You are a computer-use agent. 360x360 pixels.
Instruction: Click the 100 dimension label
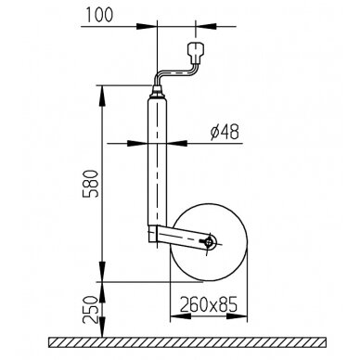click(99, 15)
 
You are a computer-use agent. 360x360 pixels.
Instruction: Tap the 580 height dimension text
click(91, 184)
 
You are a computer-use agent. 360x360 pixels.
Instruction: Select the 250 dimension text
click(91, 310)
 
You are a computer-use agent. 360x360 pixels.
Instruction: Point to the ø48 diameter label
click(225, 132)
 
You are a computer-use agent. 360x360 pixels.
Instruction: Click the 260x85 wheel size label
click(209, 304)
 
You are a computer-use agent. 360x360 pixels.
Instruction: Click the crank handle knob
click(196, 51)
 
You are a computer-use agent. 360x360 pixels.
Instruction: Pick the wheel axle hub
click(210, 242)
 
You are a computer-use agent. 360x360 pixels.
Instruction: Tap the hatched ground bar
click(187, 342)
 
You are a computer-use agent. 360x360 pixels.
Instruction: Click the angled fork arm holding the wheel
click(181, 237)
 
